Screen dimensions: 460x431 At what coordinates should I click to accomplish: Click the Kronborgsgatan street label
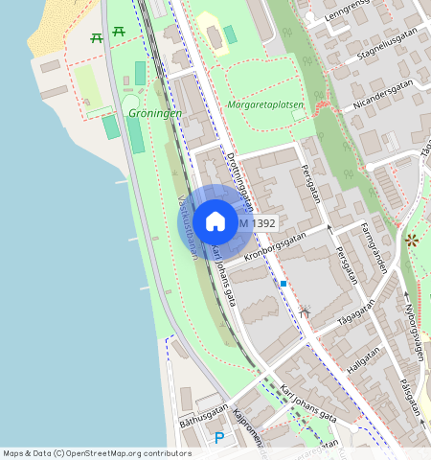tap(275, 246)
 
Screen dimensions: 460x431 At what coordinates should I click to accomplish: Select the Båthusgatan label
tap(204, 415)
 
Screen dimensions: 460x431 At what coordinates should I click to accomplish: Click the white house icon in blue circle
tap(215, 221)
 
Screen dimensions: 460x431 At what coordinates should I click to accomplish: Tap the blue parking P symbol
tap(219, 438)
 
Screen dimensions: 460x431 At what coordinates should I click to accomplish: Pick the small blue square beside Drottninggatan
tap(284, 284)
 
